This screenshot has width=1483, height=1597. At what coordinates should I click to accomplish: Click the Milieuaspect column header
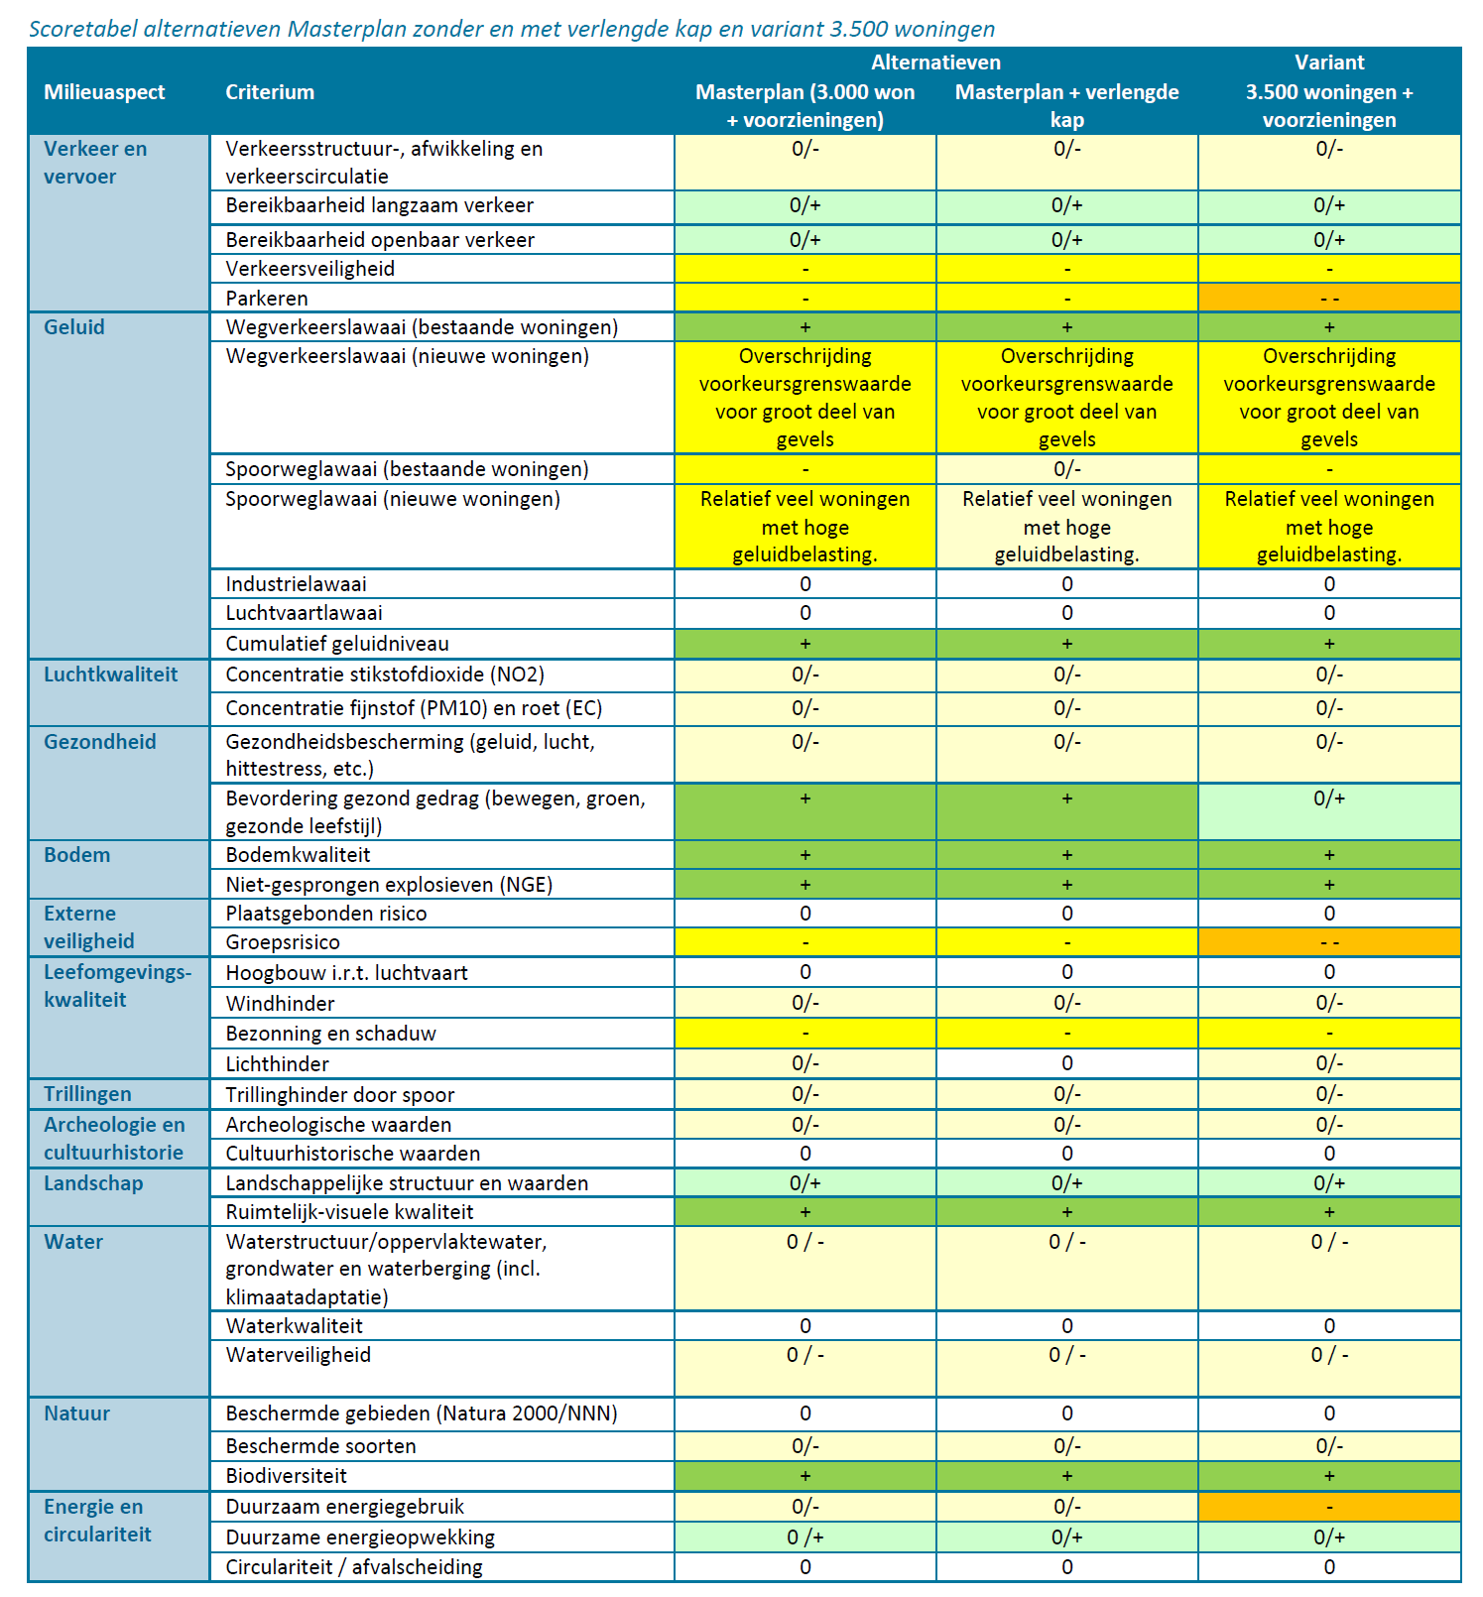(104, 92)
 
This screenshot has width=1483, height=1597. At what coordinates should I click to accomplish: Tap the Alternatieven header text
(935, 62)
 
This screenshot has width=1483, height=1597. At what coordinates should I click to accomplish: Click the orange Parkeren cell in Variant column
(1329, 298)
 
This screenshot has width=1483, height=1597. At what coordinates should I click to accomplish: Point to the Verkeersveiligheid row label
(309, 269)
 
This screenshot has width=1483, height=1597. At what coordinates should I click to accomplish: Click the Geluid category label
(74, 327)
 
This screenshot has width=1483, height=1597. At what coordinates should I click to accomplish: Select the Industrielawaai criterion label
(296, 584)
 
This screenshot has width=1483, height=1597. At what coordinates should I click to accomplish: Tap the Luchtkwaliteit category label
(110, 675)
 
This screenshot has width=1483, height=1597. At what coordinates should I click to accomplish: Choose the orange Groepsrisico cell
(1329, 942)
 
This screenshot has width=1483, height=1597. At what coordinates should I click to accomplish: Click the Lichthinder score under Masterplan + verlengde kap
(1066, 1063)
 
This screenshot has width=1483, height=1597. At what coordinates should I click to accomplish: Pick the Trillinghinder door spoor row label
(339, 1094)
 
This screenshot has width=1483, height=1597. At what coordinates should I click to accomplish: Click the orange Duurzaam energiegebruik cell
(1329, 1507)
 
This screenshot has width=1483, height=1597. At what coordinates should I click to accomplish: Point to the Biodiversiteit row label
(286, 1476)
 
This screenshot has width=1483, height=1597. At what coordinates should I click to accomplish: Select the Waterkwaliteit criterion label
(294, 1326)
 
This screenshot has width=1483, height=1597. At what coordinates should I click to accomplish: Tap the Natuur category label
(76, 1413)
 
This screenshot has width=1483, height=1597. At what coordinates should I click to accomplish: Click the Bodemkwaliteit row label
(298, 855)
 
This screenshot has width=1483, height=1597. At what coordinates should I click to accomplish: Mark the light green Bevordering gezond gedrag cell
(1329, 811)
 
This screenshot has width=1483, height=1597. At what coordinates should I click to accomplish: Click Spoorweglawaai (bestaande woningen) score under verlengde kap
(1066, 469)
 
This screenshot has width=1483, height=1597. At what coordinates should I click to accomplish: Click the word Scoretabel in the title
(82, 29)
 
